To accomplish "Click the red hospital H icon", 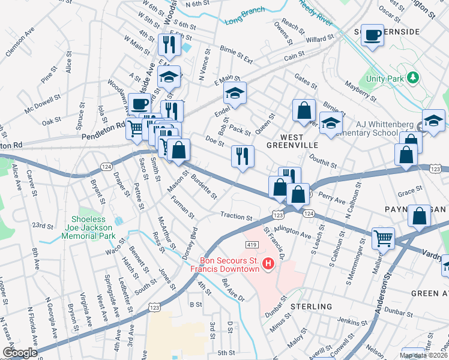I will [269, 263].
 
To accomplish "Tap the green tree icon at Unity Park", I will [412, 77].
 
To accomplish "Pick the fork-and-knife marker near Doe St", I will [243, 155].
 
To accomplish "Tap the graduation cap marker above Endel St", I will [235, 92].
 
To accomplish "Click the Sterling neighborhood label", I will [312, 307].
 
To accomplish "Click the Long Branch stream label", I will [244, 17].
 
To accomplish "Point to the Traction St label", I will [237, 216].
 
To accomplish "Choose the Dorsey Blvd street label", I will [190, 242].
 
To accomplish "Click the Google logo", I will [20, 353].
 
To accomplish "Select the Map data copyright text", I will [423, 355].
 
